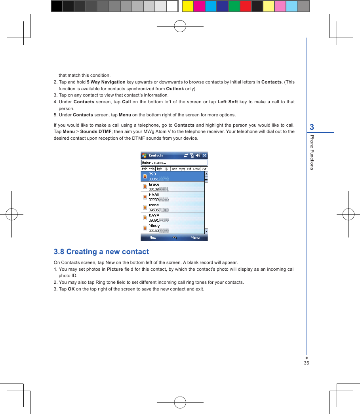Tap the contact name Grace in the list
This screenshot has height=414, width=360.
coord(154,184)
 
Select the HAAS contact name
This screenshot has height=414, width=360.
coord(154,195)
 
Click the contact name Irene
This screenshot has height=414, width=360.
coord(154,205)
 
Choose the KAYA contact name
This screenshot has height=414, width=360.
coord(154,215)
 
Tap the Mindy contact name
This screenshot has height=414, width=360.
coord(154,226)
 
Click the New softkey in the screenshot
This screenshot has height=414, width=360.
coord(153,237)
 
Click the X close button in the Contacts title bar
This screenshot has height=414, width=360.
coord(204,156)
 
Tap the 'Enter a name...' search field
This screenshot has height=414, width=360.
coord(174,163)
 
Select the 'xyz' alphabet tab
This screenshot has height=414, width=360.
coord(204,169)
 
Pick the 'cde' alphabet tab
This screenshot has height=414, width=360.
coord(152,169)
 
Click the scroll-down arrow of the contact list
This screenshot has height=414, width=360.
coord(206,231)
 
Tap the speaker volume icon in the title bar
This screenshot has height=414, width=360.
coord(198,156)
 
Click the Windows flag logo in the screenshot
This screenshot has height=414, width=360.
coord(144,156)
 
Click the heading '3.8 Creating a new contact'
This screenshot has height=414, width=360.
coord(101,252)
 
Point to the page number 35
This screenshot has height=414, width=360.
coord(306,363)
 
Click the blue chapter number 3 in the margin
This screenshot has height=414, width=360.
coord(312,127)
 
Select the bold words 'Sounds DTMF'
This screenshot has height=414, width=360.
coord(95,131)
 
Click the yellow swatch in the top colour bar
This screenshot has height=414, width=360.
coord(188,6)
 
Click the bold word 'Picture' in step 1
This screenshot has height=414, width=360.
coord(115,269)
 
